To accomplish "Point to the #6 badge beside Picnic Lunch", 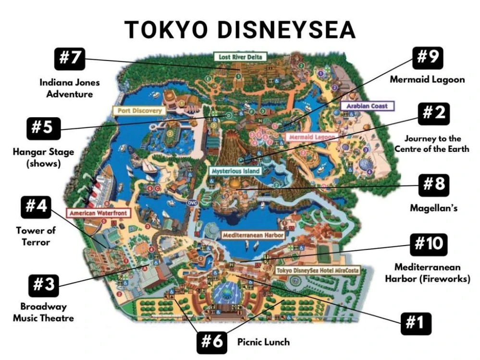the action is (x=212, y=342).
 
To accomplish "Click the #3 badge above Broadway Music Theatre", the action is (x=43, y=285).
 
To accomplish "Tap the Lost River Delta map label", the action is (x=241, y=57).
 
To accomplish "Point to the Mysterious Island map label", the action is (x=235, y=171).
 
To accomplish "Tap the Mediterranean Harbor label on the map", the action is (x=253, y=236).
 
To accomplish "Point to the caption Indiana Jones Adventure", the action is (x=70, y=88).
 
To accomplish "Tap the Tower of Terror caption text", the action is (x=36, y=236).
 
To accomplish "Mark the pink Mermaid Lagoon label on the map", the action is (x=310, y=137).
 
